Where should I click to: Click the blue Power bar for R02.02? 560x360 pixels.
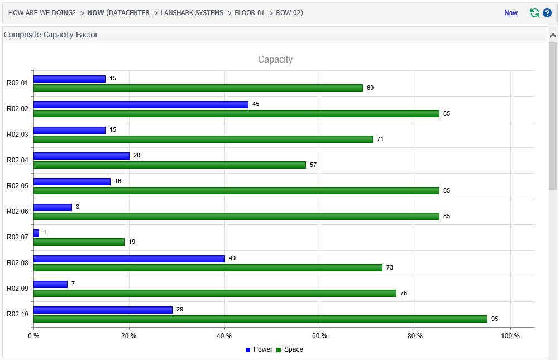pos(141,104)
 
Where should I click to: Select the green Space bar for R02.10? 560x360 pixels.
pos(260,319)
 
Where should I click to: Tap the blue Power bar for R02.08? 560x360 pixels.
pos(129,258)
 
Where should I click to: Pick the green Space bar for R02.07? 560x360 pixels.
pos(79,242)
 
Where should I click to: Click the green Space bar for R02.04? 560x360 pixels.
pos(170,165)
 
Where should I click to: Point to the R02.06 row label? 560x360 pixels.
pos(17,212)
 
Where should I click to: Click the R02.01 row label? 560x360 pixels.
pos(17,83)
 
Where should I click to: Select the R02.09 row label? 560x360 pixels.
pos(17,289)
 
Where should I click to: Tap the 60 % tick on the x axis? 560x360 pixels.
pos(320,336)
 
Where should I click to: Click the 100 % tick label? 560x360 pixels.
pos(510,336)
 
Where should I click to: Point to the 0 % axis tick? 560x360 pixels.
pos(33,336)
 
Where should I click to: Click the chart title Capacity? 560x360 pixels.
pos(275,59)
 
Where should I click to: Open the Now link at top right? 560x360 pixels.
pos(511,13)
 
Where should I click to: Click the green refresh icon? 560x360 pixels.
pos(535,13)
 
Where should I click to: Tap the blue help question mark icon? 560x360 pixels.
pos(547,13)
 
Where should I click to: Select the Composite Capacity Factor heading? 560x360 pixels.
pos(51,35)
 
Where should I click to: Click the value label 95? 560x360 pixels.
pos(495,319)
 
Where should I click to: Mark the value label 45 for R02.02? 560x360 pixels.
pos(256,104)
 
